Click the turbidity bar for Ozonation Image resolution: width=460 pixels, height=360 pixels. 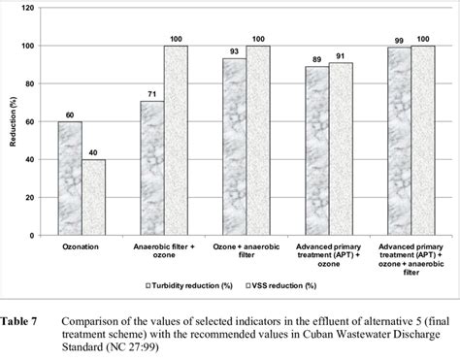pyautogui.click(x=70, y=179)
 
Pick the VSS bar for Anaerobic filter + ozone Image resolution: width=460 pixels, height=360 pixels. pyautogui.click(x=176, y=141)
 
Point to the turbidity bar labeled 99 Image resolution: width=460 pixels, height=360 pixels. pyautogui.click(x=398, y=141)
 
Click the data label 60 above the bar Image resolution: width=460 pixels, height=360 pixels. pyautogui.click(x=70, y=115)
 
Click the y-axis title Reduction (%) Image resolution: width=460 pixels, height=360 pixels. pyautogui.click(x=13, y=122)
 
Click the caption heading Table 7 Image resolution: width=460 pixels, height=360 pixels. pyautogui.click(x=19, y=319)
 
